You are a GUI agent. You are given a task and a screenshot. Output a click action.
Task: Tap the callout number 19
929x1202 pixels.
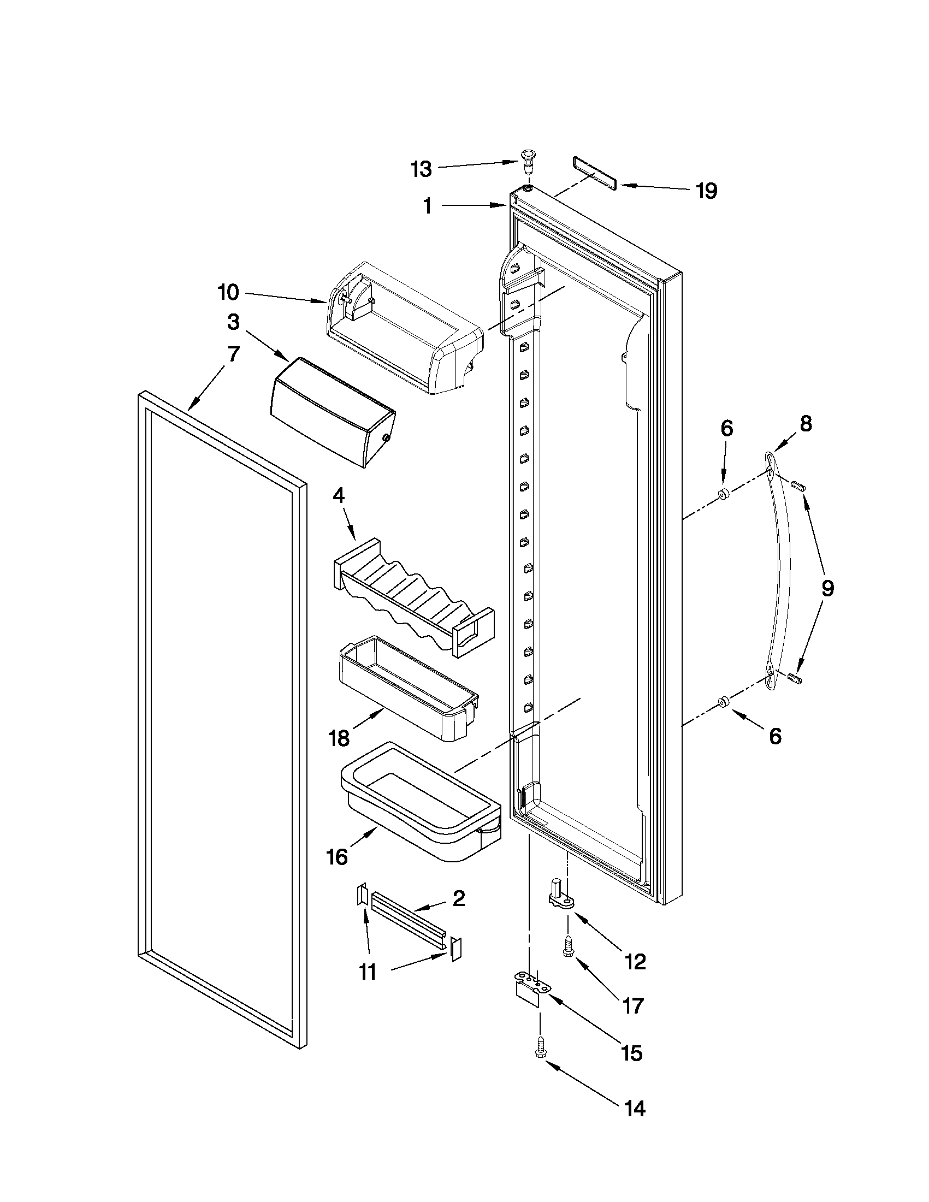click(x=706, y=191)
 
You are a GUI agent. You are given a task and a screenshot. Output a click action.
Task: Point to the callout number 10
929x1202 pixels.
click(x=228, y=292)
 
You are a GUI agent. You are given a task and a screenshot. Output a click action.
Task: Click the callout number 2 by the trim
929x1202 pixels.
click(x=458, y=898)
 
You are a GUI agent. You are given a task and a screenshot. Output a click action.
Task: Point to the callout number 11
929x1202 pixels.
click(x=367, y=972)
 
